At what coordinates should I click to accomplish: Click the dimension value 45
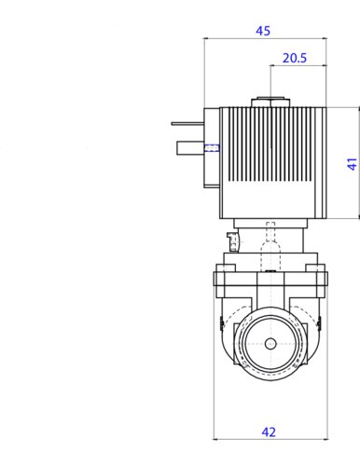(263, 31)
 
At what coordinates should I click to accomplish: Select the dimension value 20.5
(295, 58)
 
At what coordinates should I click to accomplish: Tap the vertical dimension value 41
(352, 164)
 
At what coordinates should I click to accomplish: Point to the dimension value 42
(269, 432)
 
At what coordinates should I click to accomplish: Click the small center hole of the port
(270, 344)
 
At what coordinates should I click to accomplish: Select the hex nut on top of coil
(270, 103)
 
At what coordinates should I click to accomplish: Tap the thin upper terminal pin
(187, 123)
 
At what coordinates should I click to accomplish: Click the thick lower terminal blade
(190, 148)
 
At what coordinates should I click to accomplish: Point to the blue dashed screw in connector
(213, 148)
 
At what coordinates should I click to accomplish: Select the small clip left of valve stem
(232, 241)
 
